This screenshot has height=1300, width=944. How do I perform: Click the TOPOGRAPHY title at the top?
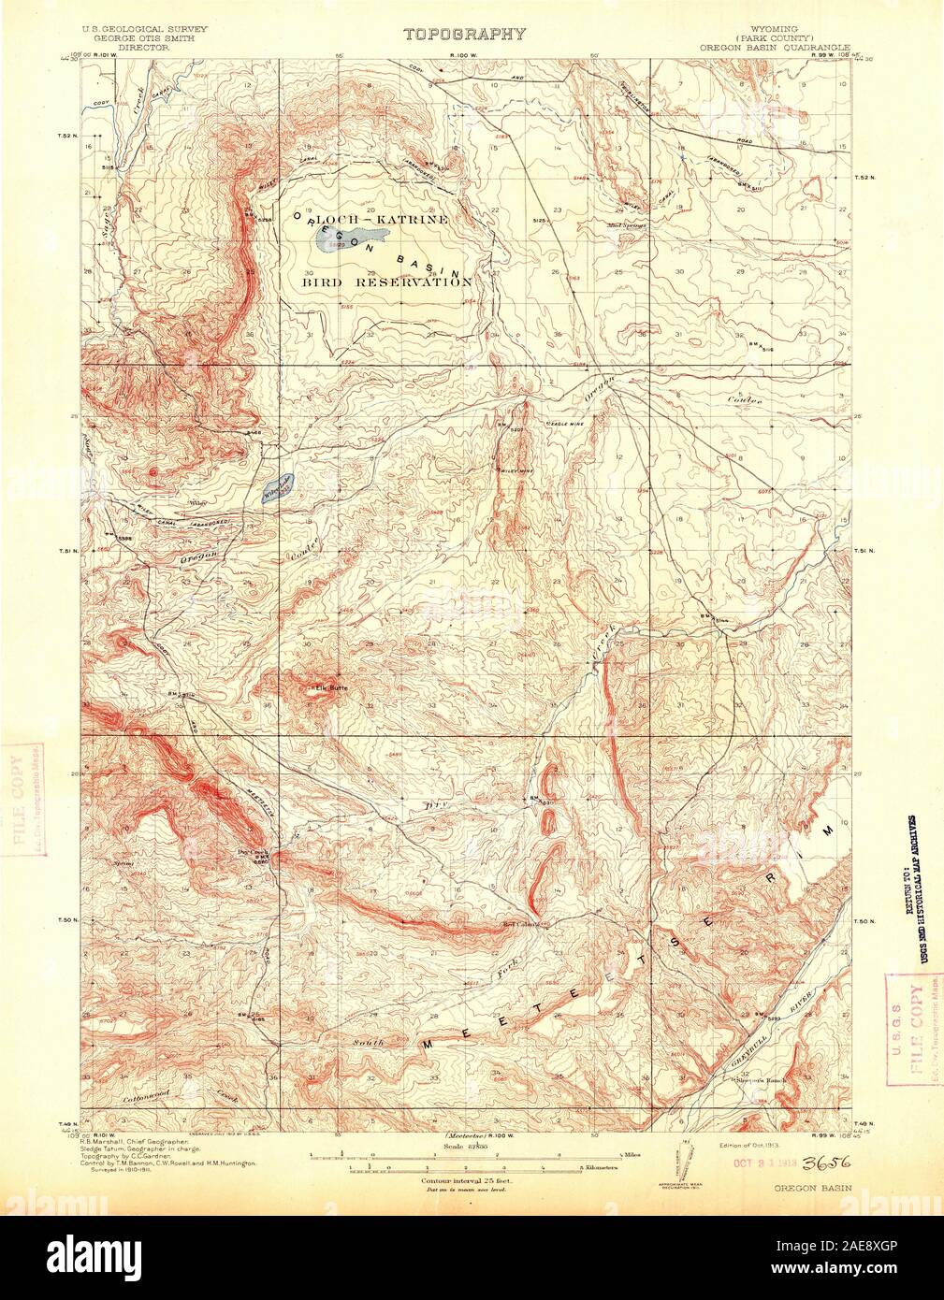pyautogui.click(x=464, y=34)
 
